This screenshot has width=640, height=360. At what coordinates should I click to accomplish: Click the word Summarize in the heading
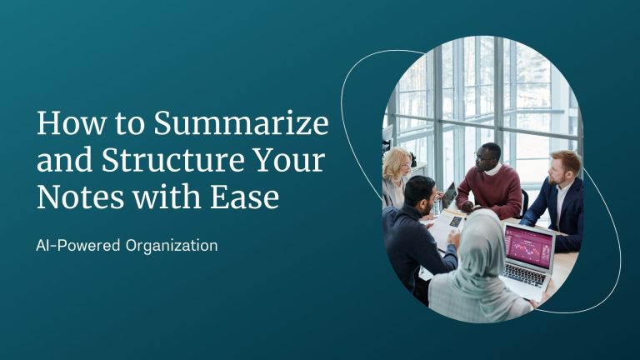click(241, 122)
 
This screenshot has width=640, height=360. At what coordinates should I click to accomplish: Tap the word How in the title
click(70, 122)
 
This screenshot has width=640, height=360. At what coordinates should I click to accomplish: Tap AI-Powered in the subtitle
click(78, 246)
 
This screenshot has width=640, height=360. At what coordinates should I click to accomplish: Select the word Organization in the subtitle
click(172, 246)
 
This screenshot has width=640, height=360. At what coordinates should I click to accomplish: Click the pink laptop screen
click(529, 247)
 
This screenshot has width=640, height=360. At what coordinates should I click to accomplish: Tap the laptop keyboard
click(524, 276)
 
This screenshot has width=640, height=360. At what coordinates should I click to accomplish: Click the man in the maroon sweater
click(489, 181)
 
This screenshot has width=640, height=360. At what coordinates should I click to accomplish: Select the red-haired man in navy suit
click(556, 200)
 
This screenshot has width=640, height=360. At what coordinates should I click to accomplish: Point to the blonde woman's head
click(397, 163)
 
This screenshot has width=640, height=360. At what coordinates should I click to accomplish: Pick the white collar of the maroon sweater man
click(493, 168)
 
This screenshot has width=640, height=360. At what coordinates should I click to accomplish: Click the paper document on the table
click(445, 227)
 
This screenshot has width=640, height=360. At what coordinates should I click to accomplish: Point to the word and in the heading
click(64, 160)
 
